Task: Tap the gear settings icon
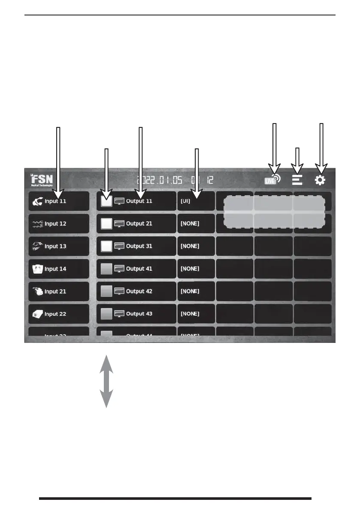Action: (320, 180)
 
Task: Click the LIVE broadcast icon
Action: (272, 179)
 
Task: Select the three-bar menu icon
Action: (297, 180)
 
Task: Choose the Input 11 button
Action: (59, 201)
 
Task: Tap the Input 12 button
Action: (59, 224)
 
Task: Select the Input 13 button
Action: (59, 246)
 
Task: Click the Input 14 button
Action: (59, 269)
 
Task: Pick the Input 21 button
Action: (59, 291)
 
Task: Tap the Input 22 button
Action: (59, 314)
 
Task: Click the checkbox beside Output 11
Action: (106, 201)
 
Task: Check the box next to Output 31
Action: (106, 246)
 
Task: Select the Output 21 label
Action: (139, 224)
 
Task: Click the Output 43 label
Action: (139, 314)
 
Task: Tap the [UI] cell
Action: (196, 201)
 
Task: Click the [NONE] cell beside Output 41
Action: (196, 269)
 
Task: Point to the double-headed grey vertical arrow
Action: (106, 381)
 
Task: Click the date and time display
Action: (175, 181)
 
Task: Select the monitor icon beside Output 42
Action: (119, 291)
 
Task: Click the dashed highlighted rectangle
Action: (274, 212)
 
